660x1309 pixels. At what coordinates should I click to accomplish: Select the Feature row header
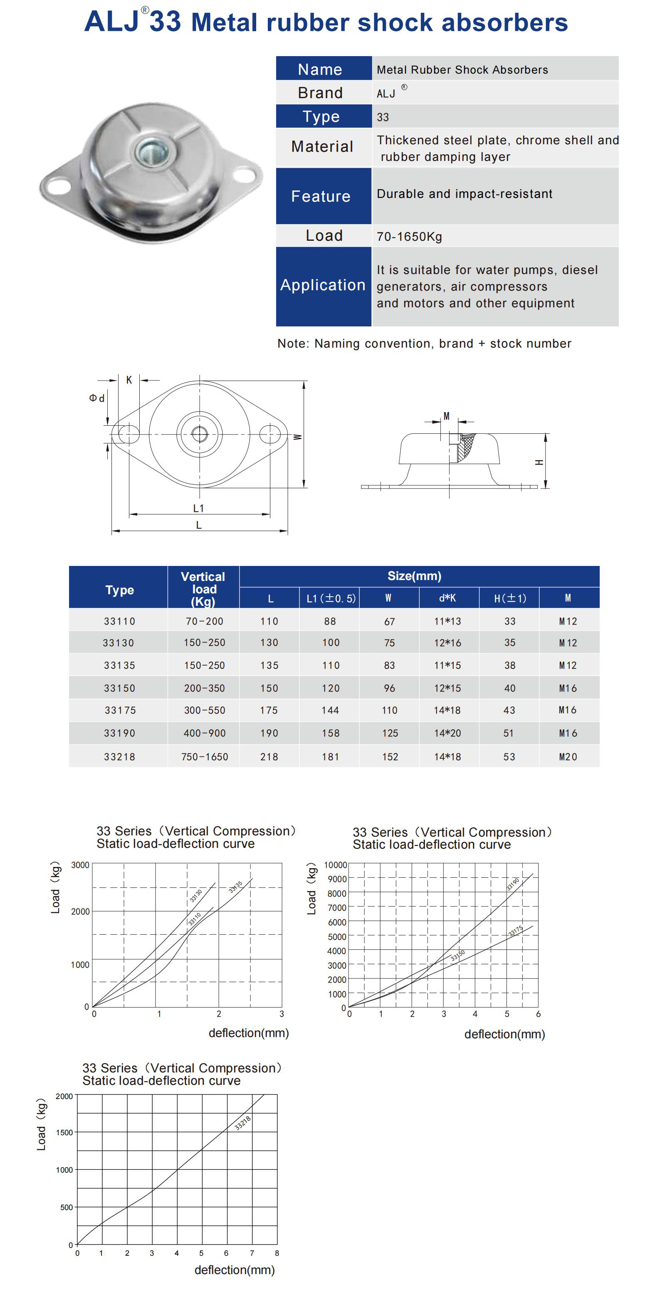coord(321,196)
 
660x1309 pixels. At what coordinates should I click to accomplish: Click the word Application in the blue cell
coord(323,285)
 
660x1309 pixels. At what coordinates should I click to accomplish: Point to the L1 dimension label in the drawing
coord(198,508)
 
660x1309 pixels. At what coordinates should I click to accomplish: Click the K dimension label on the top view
coord(129,380)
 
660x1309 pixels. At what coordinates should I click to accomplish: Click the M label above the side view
coord(447,416)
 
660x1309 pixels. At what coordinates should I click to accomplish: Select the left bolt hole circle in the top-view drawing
coord(129,435)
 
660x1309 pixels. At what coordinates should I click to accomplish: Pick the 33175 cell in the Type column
coord(120,710)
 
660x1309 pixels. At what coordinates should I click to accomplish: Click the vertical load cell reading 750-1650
coord(204,757)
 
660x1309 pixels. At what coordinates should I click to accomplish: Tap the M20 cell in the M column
coord(568,757)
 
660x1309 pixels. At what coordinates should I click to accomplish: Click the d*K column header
coord(447,598)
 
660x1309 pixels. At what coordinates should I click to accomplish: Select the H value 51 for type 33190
coord(509,733)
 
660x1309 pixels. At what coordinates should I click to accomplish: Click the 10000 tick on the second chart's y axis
coord(335,865)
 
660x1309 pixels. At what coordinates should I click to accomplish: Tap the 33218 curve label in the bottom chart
coord(242,1123)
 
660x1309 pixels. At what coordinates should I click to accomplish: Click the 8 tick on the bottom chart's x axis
coord(277,1253)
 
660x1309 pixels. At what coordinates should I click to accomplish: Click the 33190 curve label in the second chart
coord(513,884)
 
